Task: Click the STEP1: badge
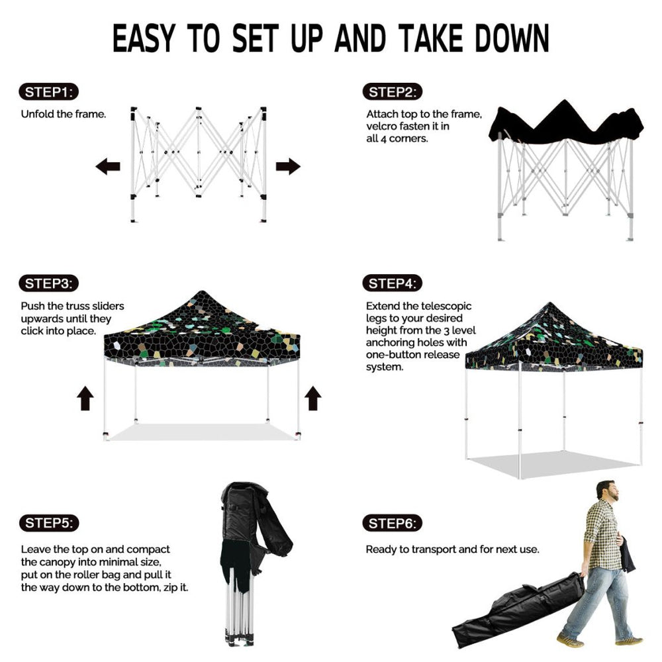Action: coord(48,92)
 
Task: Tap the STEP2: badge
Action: coord(392,92)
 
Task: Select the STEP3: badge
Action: coord(48,283)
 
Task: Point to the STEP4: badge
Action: coord(392,283)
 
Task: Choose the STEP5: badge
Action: coord(49,523)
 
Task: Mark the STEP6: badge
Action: coord(392,524)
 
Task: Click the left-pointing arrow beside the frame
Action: coord(108,166)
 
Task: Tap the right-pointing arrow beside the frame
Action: coord(289,166)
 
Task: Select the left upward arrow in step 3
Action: coord(85,398)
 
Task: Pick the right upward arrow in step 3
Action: coord(313,398)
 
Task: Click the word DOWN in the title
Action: coord(512,38)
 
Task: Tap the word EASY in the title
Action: coord(144,38)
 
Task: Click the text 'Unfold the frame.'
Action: coord(64,114)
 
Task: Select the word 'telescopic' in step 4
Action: coord(446,306)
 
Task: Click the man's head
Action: coord(607,490)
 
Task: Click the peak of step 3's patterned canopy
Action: coord(202,291)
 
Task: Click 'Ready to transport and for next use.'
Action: coord(452,549)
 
